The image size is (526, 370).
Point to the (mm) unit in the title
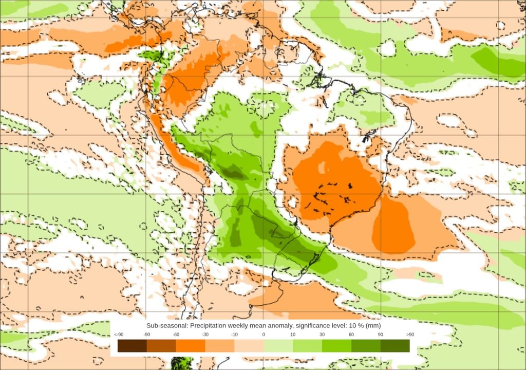coord(372,326)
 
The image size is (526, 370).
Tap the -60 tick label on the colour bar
coord(176,335)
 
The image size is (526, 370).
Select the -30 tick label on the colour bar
coord(205,335)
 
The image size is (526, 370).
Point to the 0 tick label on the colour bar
coord(264,335)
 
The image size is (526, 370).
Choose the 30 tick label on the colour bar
coord(322,335)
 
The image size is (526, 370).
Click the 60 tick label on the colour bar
coord(351,335)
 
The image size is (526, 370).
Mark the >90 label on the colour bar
coord(410,335)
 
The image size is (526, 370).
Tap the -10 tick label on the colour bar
coord(234,335)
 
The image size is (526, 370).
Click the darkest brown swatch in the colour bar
coord(132,346)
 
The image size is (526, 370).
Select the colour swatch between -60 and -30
coord(191,346)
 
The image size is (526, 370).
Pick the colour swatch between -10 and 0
coord(249,346)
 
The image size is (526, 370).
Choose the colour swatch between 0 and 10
coord(278,346)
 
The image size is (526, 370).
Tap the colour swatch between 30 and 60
coord(336,346)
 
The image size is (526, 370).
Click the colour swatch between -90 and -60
coord(161,346)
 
